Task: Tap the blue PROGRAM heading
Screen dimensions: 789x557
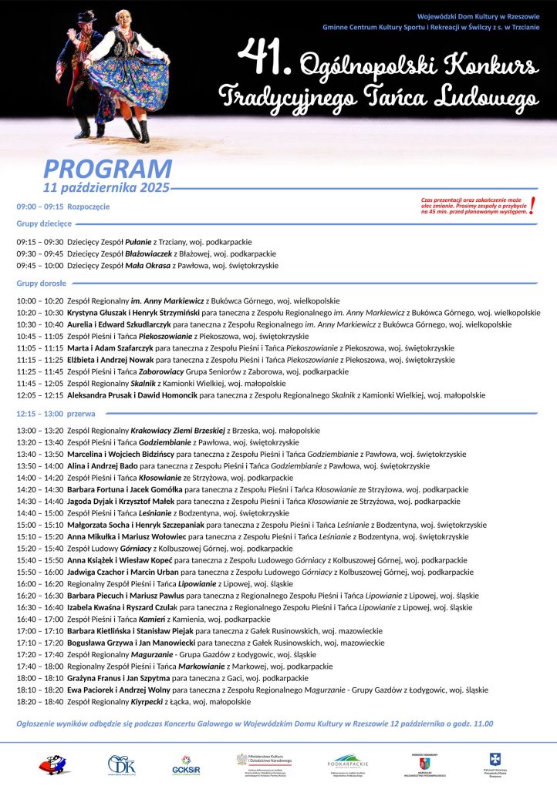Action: tap(107, 168)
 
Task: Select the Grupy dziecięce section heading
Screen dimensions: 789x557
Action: tap(44, 223)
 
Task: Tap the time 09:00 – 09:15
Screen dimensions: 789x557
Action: tap(39, 206)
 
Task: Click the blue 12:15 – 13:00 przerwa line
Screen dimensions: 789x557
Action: tap(56, 414)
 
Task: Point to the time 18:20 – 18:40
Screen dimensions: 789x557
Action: tap(39, 702)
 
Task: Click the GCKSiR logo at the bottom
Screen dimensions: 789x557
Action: tap(182, 764)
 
